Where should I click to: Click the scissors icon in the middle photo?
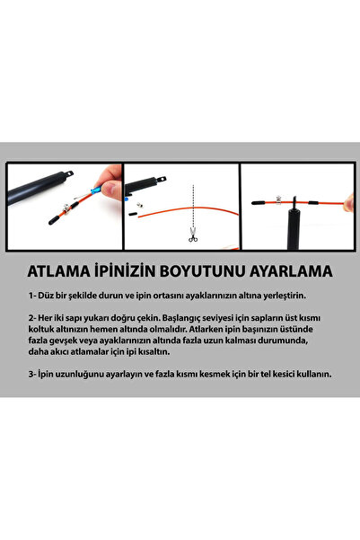tap(191, 237)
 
